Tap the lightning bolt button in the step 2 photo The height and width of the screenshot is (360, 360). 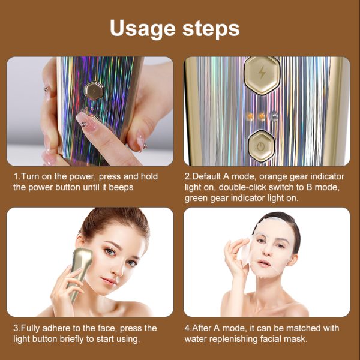(262, 76)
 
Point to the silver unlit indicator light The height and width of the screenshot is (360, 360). (274, 116)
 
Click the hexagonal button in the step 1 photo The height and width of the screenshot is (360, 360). (94, 91)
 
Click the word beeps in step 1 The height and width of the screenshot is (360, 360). (121, 187)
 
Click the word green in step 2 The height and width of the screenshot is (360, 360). (196, 199)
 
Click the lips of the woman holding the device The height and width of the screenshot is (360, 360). (109, 281)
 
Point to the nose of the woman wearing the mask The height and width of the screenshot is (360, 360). (266, 251)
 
